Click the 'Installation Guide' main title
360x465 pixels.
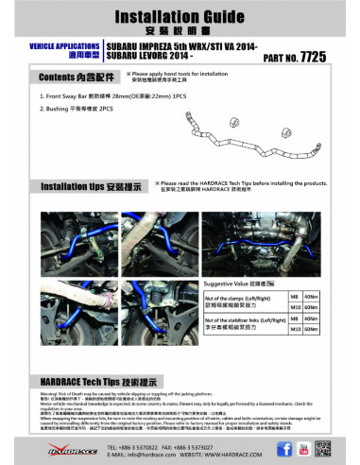point(180,16)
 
